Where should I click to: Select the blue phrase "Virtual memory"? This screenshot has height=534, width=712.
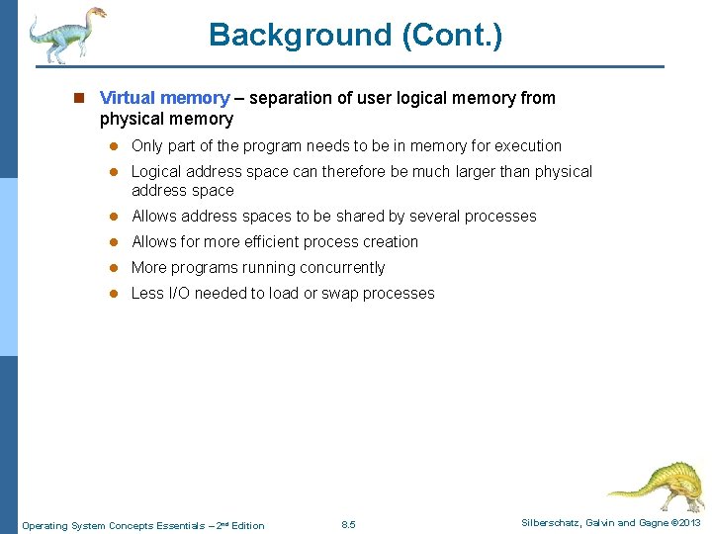point(164,98)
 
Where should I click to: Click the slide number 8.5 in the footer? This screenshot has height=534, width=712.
point(348,524)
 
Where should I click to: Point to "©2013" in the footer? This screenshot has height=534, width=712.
point(685,522)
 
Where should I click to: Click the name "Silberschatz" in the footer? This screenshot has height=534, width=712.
point(554,522)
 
